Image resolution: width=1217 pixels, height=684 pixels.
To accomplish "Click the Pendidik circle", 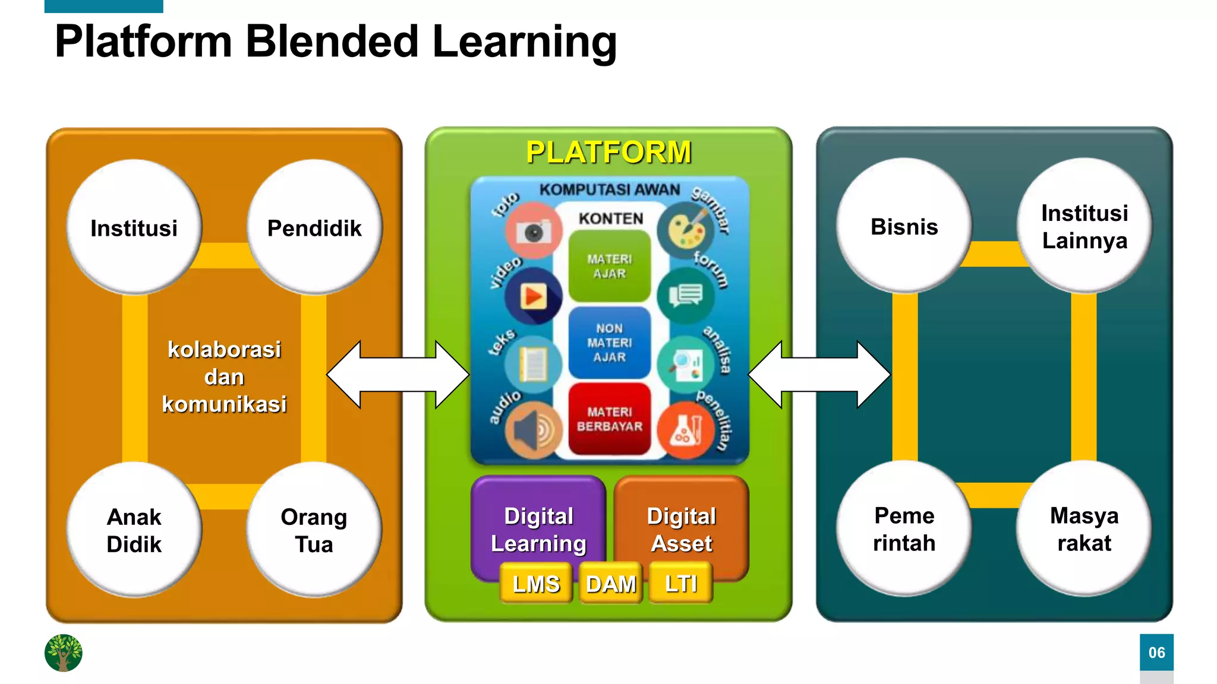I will (x=314, y=227).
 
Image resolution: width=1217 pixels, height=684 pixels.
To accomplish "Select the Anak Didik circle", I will (x=134, y=530).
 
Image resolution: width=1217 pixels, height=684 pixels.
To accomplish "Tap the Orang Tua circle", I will (x=314, y=530).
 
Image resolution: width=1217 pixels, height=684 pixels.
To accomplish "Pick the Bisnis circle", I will (x=904, y=226).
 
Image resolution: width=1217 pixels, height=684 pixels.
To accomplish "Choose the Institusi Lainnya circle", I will (x=1084, y=226).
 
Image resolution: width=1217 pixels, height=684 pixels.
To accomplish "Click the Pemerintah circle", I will (x=904, y=528).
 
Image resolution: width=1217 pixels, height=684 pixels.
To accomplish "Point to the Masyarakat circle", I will (x=1084, y=528).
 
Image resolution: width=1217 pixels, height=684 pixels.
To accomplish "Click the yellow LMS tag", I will (x=536, y=584).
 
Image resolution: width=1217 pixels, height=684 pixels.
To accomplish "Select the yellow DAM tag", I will (x=611, y=584).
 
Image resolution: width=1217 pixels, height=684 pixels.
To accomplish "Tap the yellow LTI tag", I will (x=681, y=584).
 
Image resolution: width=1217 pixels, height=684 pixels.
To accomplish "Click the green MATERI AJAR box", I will (x=610, y=267).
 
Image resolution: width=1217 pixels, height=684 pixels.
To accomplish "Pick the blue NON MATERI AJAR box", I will (x=610, y=343).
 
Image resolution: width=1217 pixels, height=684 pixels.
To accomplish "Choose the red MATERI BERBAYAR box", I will (x=610, y=419).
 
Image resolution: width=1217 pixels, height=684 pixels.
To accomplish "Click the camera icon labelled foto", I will (x=533, y=231).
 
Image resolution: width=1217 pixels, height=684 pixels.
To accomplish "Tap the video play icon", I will (x=533, y=296).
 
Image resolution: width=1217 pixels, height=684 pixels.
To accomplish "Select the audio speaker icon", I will (x=533, y=430).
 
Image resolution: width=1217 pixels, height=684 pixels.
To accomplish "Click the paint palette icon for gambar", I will (x=687, y=231).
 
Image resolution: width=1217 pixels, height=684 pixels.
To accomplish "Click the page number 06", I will (x=1156, y=653).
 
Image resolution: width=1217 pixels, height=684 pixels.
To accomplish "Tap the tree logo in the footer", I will (x=64, y=653).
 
